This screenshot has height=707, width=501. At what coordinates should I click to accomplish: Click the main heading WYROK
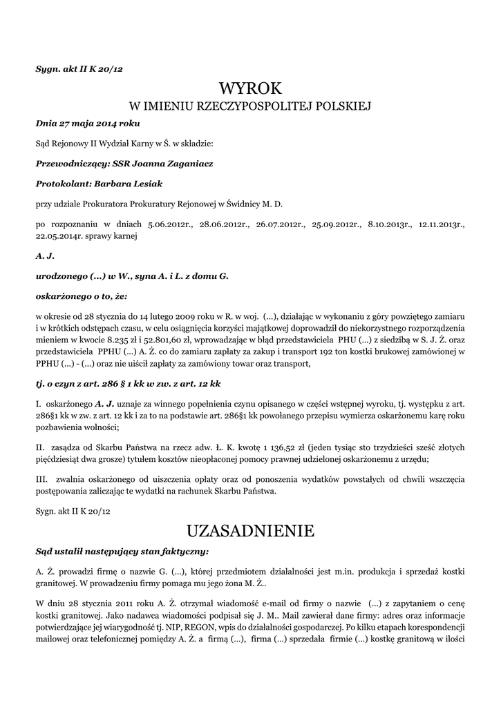(250, 88)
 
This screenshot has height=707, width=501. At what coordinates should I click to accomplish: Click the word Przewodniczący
(64, 164)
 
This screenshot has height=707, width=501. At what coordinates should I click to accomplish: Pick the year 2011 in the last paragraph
(114, 604)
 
